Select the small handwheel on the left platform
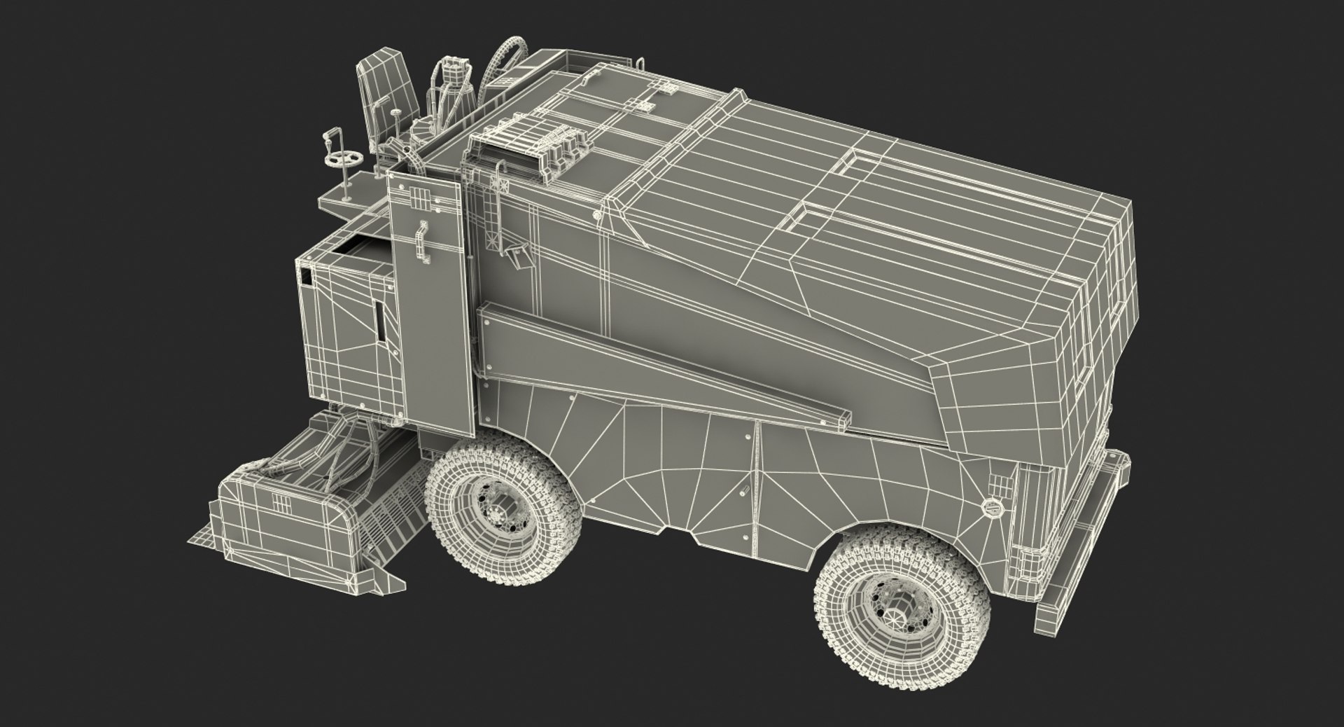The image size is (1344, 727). [346, 160]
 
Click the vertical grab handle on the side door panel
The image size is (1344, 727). [423, 241]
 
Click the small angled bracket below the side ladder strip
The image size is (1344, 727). [519, 255]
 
